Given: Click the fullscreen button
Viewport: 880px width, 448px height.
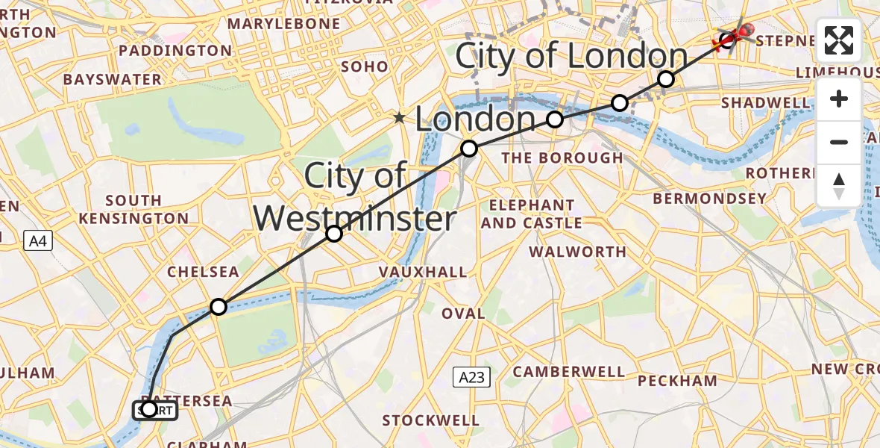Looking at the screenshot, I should (x=839, y=40).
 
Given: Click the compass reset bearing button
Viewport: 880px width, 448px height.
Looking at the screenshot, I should (x=839, y=186).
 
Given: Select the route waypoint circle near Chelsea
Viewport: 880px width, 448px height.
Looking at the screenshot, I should (x=218, y=307).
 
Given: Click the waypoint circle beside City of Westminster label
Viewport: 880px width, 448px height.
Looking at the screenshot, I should (x=334, y=234).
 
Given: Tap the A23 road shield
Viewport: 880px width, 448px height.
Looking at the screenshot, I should (x=471, y=377).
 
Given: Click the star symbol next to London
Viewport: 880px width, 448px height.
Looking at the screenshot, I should (x=400, y=117).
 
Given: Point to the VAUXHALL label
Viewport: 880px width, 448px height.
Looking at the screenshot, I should (x=423, y=273).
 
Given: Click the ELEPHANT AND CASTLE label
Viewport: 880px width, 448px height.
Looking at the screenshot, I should (x=532, y=214).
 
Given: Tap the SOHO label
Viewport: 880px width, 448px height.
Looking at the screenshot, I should (x=364, y=66).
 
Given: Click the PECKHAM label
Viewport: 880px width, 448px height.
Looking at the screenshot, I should (x=678, y=381).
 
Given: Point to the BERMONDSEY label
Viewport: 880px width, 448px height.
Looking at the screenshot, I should (x=709, y=199).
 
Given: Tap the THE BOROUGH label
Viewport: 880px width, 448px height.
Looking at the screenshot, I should (x=562, y=158).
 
